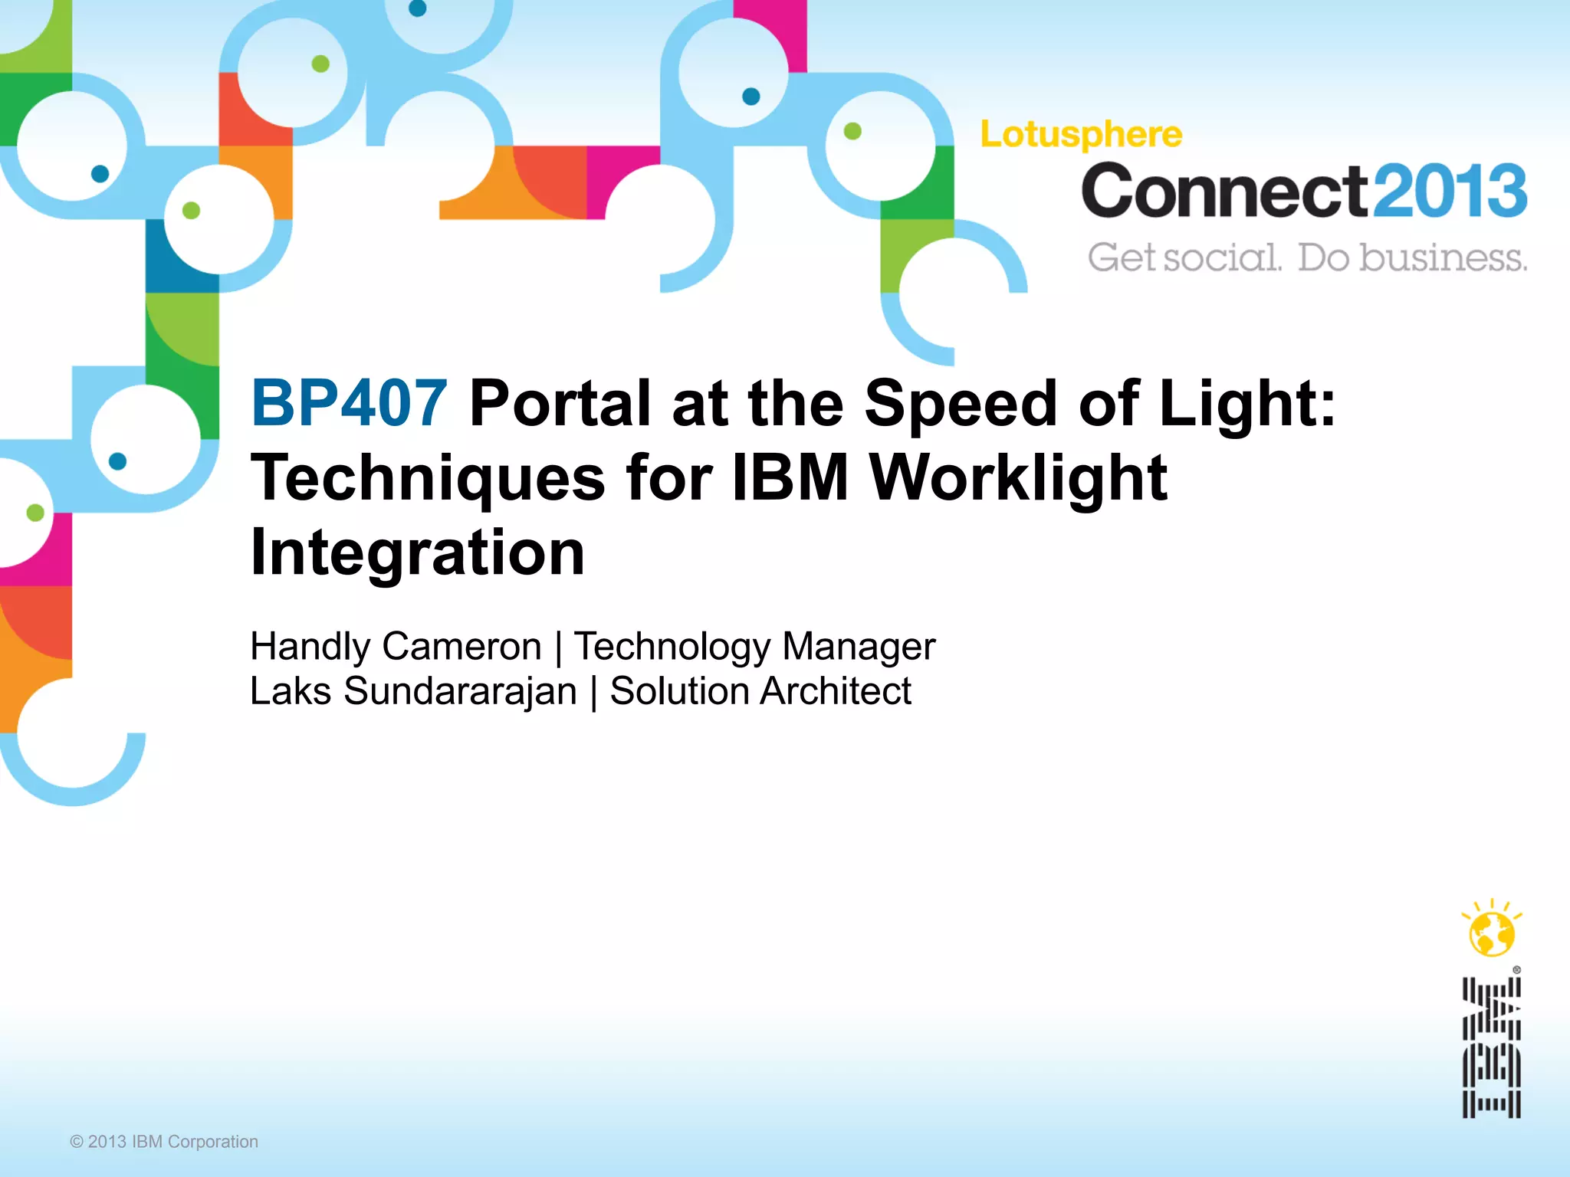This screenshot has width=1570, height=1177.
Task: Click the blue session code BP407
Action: (349, 403)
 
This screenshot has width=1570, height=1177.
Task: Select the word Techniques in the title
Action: (428, 478)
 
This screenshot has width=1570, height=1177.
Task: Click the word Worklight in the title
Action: (1018, 478)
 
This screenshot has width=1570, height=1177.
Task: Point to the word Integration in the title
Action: (418, 552)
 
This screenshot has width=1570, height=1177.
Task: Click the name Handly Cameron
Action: (396, 646)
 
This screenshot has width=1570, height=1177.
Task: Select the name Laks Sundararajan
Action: (413, 691)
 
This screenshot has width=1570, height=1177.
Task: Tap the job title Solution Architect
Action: (760, 691)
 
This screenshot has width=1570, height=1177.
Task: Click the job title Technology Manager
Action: (754, 646)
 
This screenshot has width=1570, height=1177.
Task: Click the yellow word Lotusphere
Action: (1081, 135)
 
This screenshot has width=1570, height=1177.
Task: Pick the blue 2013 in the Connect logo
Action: (1448, 192)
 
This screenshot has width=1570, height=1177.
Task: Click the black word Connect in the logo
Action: (1224, 192)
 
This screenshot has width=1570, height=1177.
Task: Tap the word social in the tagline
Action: (1222, 257)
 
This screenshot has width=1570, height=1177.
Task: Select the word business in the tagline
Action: (1443, 257)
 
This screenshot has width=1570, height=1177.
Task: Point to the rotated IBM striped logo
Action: (1491, 1047)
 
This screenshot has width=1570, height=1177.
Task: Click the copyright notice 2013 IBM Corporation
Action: (164, 1142)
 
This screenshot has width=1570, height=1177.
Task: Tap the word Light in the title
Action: (1246, 403)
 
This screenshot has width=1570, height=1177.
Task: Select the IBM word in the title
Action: (790, 478)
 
